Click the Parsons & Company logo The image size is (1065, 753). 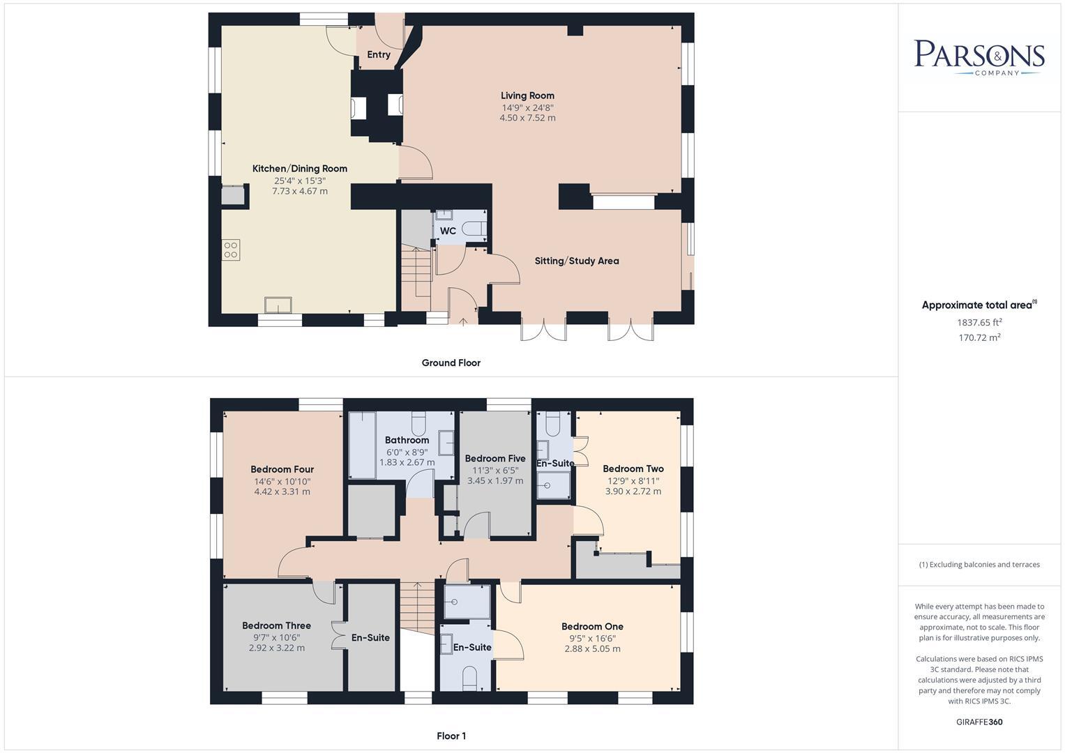pos(979,57)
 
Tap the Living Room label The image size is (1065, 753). pos(527,96)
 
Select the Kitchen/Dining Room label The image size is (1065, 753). pos(299,168)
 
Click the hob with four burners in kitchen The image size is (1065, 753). pos(231,250)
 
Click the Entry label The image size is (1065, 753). pos(379,54)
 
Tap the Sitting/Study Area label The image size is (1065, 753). pos(577,261)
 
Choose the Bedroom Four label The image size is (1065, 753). pos(282,469)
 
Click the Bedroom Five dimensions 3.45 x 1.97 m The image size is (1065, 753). pos(495,480)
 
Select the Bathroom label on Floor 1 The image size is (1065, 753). pos(407,440)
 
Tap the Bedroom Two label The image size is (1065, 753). pos(633,469)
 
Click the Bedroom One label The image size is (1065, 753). pos(592,626)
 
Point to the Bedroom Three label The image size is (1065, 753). pos(276,625)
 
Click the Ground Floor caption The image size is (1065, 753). pos(451,363)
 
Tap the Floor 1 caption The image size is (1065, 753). pos(451,736)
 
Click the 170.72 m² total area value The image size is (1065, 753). pos(979,337)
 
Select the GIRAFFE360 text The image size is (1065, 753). pos(979,722)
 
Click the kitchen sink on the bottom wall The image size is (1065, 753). pos(278,305)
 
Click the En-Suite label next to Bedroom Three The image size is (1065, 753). pos(370,637)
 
